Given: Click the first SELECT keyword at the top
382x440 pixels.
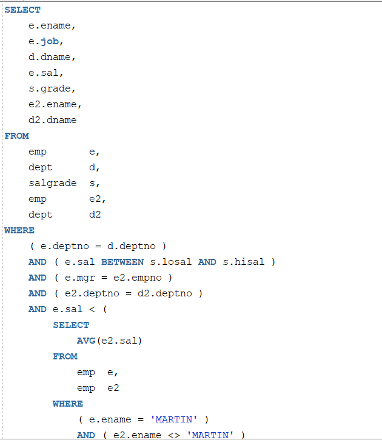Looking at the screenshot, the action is click(22, 10).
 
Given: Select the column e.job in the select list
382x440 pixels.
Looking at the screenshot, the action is click(46, 41).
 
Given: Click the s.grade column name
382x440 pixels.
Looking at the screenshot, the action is click(52, 88).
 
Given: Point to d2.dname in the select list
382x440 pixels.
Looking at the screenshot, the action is click(52, 120).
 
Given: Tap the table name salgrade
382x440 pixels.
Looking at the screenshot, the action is click(52, 183).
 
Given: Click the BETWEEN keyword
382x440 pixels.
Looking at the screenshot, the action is click(122, 262).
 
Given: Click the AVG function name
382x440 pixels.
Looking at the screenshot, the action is click(85, 341).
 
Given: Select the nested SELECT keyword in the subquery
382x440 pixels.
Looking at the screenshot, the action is click(71, 325).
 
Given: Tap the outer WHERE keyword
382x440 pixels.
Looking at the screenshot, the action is click(19, 230).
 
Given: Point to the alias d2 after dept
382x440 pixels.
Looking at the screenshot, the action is click(95, 215).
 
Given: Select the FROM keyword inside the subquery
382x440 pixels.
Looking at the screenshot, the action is click(65, 356).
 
